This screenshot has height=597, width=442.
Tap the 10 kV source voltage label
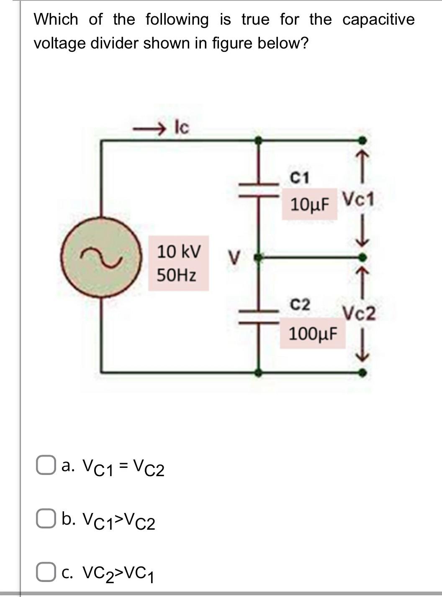click(179, 252)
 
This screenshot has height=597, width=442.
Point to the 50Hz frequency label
click(176, 275)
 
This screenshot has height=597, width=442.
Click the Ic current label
click(182, 128)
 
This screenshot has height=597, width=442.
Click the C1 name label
click(300, 178)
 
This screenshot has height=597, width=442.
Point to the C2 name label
click(300, 304)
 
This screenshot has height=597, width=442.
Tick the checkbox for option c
click(44, 572)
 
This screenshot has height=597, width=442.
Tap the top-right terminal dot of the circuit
click(363, 140)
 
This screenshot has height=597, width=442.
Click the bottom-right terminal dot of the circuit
click(363, 371)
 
